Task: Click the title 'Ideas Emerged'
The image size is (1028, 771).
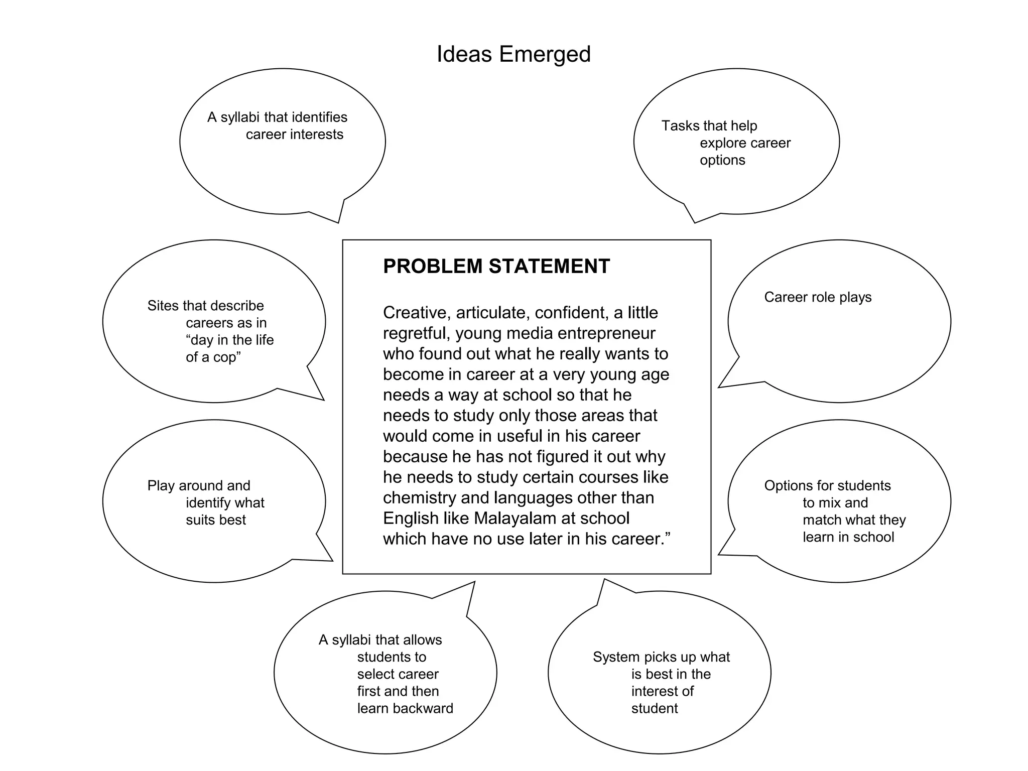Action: pos(513,54)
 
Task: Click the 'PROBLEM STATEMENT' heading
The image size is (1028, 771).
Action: pos(496,266)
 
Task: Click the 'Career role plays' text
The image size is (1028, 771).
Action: pos(818,297)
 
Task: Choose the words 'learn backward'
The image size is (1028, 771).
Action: pos(405,708)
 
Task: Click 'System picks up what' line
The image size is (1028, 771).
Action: pos(661,657)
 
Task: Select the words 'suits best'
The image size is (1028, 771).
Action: pos(216,520)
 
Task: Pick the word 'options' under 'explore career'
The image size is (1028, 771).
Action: pos(722,160)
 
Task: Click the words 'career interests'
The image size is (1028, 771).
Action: pos(295,135)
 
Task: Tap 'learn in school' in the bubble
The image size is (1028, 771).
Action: pos(848,537)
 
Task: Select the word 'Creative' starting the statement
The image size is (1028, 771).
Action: pos(415,313)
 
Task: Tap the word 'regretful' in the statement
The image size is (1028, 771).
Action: pos(415,333)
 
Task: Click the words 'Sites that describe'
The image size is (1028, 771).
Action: pos(205,306)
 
